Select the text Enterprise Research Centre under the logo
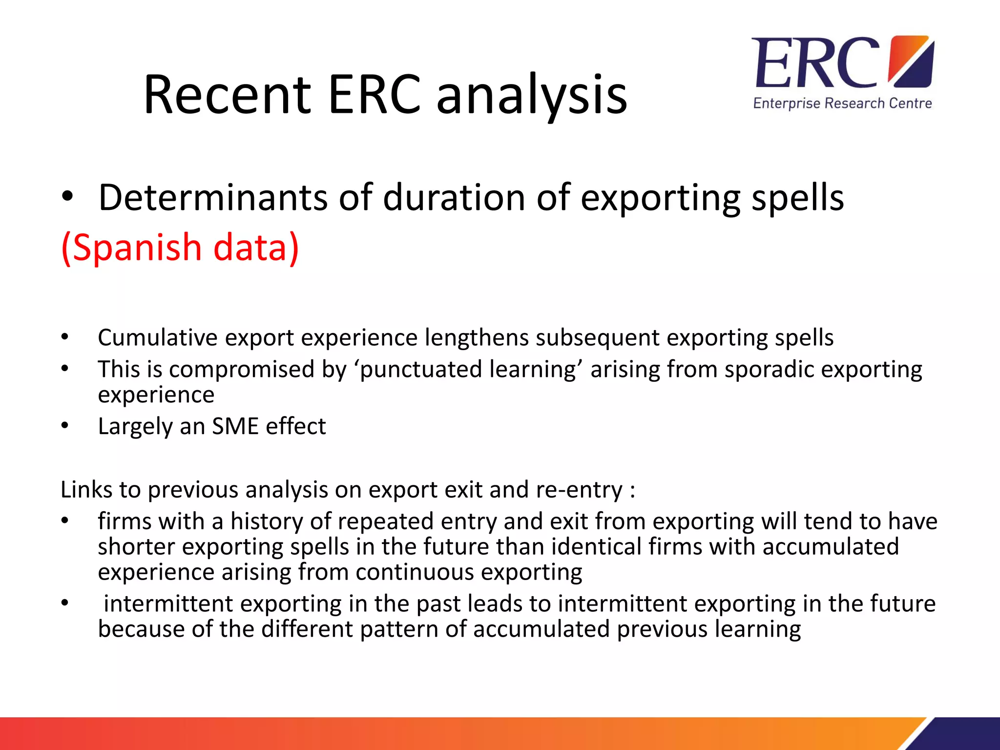[842, 104]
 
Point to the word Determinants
[213, 198]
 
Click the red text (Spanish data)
[180, 247]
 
